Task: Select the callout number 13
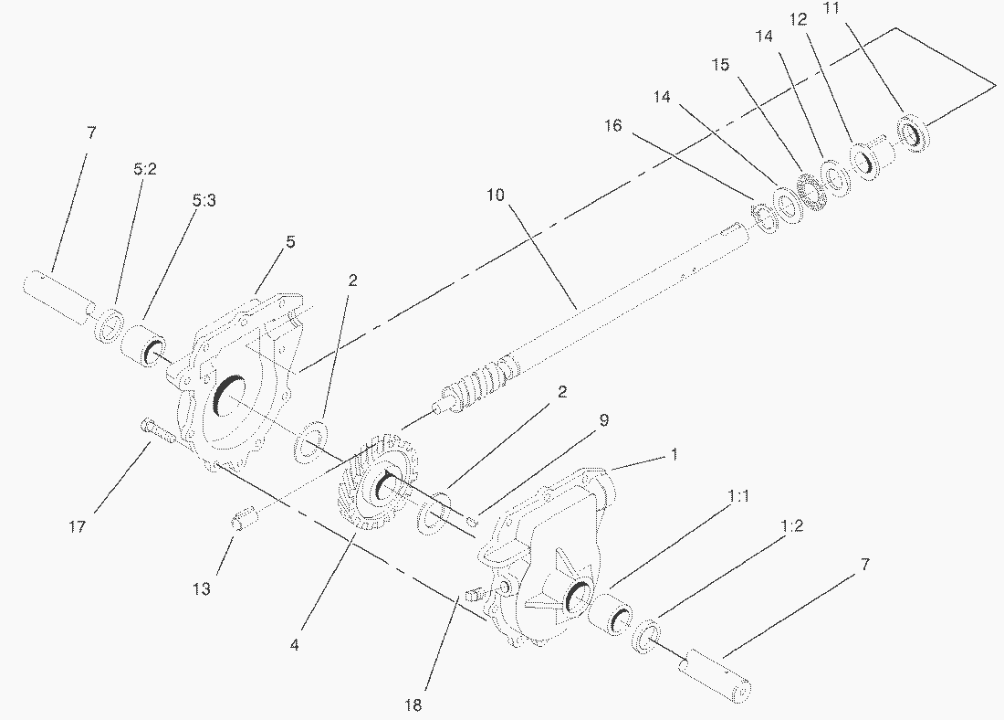tap(202, 589)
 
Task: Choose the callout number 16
tap(613, 125)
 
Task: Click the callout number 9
tap(604, 419)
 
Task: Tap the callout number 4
tap(294, 644)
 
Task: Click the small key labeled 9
tap(469, 522)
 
